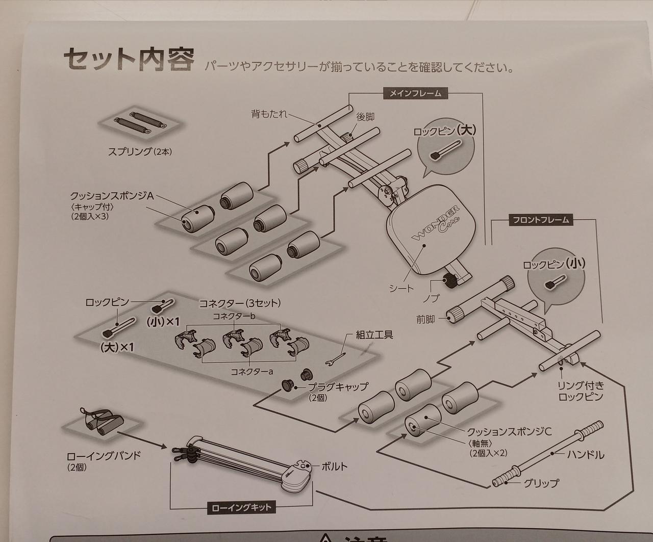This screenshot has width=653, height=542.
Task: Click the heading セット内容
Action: pos(128,60)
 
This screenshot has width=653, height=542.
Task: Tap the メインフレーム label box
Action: pos(415,93)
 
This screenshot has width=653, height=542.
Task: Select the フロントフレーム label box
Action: pos(541,220)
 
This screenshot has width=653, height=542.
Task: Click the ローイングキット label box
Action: pos(242,507)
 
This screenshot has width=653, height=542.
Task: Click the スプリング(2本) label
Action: pos(139,151)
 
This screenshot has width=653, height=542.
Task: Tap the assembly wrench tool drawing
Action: pos(337,358)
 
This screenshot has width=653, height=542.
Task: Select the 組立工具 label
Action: pos(374,335)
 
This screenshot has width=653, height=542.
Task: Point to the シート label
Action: pos(401,288)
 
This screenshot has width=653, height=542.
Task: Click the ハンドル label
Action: pos(585,454)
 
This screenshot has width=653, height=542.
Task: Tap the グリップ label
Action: pos(541,482)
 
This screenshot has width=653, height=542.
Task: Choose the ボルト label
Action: pos(335,466)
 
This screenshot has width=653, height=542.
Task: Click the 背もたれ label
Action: pos(269,114)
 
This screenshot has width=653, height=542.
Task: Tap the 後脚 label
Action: pos(365,117)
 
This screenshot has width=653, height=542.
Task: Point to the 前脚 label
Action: pos(425,319)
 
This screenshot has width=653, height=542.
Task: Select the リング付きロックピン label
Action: pos(581,391)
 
